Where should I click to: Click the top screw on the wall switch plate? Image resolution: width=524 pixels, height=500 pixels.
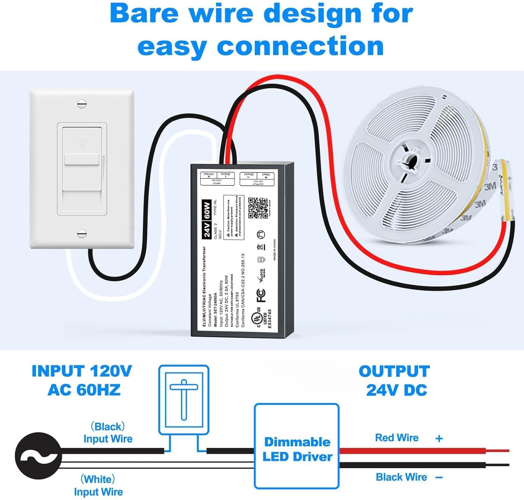(82, 104)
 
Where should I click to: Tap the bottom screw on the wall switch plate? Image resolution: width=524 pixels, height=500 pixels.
(82, 233)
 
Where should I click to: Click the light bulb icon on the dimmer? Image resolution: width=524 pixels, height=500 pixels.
(82, 142)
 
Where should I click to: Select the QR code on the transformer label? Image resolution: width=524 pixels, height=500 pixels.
(258, 207)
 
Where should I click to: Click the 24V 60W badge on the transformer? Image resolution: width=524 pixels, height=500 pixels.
(207, 220)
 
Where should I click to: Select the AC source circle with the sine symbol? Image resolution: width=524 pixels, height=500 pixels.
(38, 456)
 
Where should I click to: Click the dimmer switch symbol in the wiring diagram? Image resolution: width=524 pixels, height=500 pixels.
(184, 400)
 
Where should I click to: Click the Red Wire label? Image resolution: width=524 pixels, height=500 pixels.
(396, 438)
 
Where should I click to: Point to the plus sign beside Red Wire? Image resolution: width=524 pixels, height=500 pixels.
(439, 439)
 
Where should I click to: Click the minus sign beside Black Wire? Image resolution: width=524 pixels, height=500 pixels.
(439, 477)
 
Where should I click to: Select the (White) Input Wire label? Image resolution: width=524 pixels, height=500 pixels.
(98, 485)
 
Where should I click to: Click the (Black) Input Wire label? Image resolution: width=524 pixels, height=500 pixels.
(108, 433)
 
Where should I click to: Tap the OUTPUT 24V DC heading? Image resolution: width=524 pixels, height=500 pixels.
(395, 381)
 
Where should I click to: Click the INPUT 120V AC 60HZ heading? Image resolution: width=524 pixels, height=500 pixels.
(82, 380)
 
